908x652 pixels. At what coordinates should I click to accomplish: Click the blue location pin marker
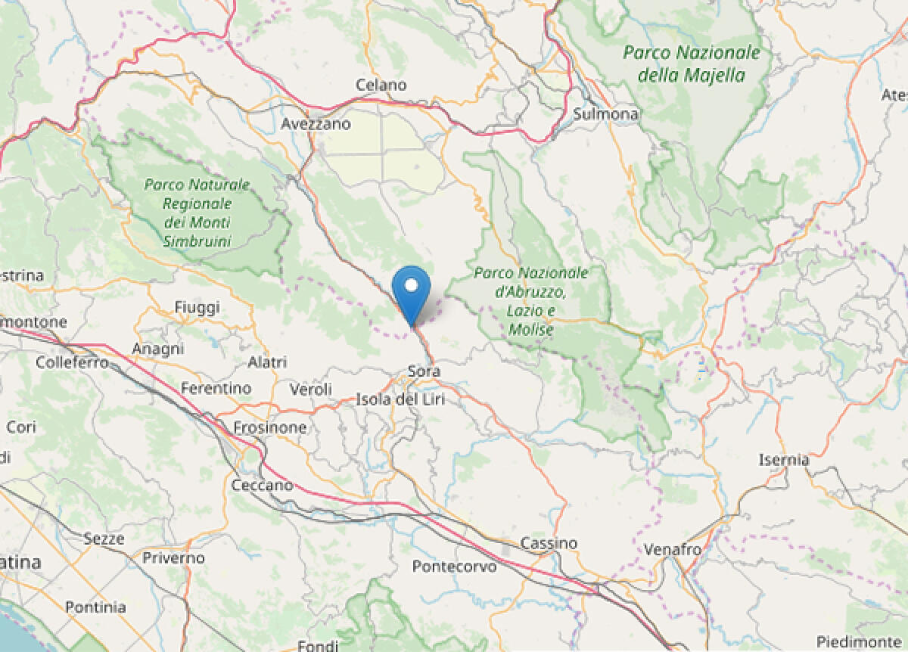[x=412, y=292]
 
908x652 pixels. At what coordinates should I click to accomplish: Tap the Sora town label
[x=424, y=371]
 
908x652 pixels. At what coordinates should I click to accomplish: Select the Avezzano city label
[x=316, y=123]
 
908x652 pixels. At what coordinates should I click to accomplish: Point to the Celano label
[x=381, y=85]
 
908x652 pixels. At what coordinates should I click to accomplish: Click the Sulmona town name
[x=606, y=114]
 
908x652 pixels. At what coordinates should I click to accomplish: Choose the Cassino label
[x=549, y=543]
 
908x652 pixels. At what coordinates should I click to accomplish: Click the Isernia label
[x=784, y=459]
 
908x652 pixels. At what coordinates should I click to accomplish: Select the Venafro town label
[x=673, y=549]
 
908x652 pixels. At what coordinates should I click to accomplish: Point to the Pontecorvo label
[x=455, y=566]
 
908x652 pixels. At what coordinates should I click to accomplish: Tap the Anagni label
[x=157, y=349]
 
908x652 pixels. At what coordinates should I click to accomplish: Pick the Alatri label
[x=267, y=362]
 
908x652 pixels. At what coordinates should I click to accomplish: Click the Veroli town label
[x=311, y=389]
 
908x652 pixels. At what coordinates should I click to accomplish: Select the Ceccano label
[x=261, y=485]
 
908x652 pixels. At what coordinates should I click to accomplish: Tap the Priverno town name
[x=173, y=558]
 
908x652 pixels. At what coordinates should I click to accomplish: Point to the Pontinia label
[x=95, y=607]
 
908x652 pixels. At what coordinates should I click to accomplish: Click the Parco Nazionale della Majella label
[x=692, y=64]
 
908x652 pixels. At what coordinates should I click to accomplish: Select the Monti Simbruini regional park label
[x=197, y=213]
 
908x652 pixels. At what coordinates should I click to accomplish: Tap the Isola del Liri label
[x=400, y=399]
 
